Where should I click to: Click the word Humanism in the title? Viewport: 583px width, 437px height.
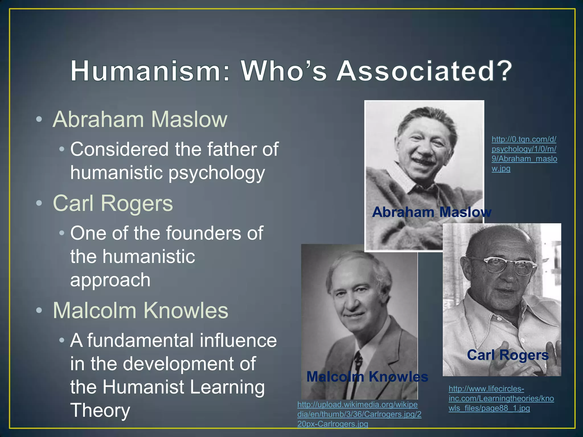tap(145, 71)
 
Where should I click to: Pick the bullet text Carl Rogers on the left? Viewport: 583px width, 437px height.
tap(113, 203)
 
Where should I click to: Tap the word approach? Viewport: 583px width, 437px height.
tap(110, 280)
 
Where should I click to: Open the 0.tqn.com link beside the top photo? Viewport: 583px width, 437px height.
tap(524, 154)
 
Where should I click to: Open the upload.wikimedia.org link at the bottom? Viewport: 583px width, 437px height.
tap(359, 414)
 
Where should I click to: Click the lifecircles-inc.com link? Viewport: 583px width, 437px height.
tap(501, 398)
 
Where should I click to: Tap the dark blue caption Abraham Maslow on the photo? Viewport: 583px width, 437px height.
tap(432, 212)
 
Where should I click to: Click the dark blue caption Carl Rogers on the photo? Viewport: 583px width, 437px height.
tap(508, 355)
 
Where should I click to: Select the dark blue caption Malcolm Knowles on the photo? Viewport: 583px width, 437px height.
tap(367, 377)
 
